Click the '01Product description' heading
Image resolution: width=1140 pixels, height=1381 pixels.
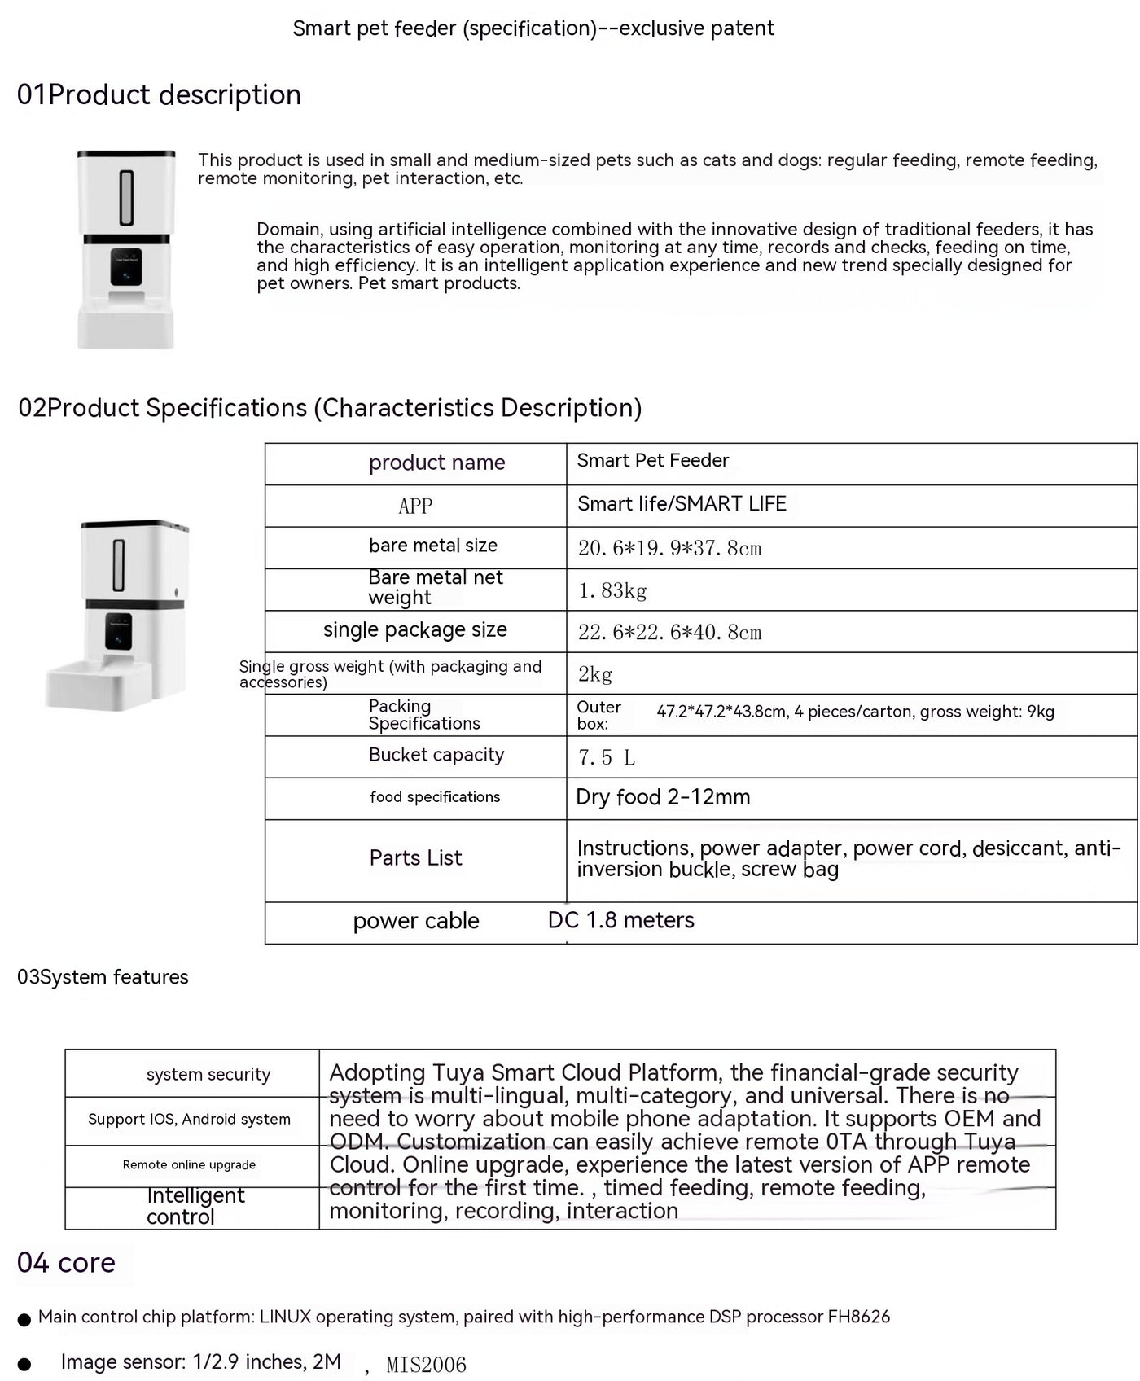pyautogui.click(x=159, y=95)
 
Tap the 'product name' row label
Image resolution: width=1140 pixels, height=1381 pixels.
pyautogui.click(x=436, y=463)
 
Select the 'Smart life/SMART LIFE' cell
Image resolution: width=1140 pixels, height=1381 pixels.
pyautogui.click(x=682, y=504)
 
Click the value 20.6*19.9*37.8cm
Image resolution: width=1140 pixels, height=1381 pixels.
pyautogui.click(x=669, y=548)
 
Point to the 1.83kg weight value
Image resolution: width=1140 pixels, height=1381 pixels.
pyautogui.click(x=612, y=590)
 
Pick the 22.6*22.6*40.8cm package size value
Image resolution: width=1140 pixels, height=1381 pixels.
pyautogui.click(x=669, y=632)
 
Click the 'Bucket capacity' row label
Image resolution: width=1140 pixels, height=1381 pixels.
pyautogui.click(x=436, y=755)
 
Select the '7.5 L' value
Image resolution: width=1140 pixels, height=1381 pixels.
pyautogui.click(x=606, y=757)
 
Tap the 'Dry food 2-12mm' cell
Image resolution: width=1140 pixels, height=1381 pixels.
pyautogui.click(x=663, y=797)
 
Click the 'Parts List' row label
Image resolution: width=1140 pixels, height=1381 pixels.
pyautogui.click(x=415, y=858)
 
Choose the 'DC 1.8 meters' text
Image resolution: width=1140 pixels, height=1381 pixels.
pyautogui.click(x=620, y=920)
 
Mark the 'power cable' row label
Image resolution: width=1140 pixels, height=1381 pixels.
pyautogui.click(x=415, y=921)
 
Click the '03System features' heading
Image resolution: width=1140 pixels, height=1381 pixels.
pyautogui.click(x=103, y=977)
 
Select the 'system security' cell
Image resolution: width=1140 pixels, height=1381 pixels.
pyautogui.click(x=208, y=1074)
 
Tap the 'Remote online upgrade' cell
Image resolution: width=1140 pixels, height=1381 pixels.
pyautogui.click(x=189, y=1165)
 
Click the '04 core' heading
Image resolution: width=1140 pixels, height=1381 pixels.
pyautogui.click(x=66, y=1263)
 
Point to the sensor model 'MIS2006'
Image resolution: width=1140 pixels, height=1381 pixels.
pyautogui.click(x=426, y=1365)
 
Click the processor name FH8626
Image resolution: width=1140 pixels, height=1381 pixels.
pyautogui.click(x=858, y=1317)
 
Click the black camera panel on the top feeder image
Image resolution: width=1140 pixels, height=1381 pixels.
pyautogui.click(x=126, y=267)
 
